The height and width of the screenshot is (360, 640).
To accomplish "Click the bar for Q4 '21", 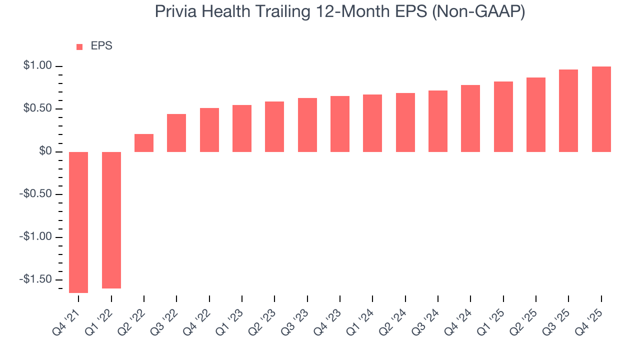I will coord(78,222).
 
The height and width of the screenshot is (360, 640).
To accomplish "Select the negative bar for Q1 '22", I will coord(111,220).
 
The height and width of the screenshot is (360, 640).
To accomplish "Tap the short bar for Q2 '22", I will coord(144,143).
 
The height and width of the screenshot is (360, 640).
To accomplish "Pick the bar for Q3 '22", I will coord(176,133).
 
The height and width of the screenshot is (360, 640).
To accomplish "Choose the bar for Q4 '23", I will coord(340,124).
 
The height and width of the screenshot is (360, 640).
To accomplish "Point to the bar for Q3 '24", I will coord(438,121).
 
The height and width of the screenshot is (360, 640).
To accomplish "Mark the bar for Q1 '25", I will coord(503,116).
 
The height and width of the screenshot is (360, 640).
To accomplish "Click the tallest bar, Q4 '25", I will coord(601,109).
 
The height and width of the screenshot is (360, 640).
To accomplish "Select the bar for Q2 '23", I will coord(274,126).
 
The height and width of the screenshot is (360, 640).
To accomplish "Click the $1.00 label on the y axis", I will coord(37,66).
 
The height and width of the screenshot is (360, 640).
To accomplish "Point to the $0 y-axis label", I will coord(45,151).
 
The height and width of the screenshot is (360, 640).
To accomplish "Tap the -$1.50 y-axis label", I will coord(36,279).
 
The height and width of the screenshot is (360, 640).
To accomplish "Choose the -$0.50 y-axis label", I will coord(36,194).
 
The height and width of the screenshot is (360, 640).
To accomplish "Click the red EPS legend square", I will coord(79,46).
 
